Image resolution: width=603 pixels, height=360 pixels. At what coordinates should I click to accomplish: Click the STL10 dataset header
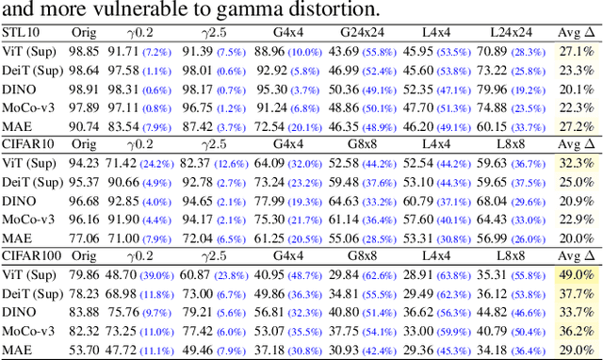click(x=22, y=33)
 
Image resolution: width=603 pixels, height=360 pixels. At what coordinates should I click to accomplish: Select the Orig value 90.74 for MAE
click(x=85, y=126)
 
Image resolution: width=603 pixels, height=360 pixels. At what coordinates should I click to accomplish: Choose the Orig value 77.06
click(x=85, y=238)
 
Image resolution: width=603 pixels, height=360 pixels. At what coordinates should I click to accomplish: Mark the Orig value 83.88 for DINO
click(x=85, y=312)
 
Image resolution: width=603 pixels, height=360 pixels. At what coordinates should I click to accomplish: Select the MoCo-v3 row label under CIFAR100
click(x=28, y=331)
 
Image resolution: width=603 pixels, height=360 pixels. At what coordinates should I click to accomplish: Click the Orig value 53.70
click(x=85, y=351)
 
